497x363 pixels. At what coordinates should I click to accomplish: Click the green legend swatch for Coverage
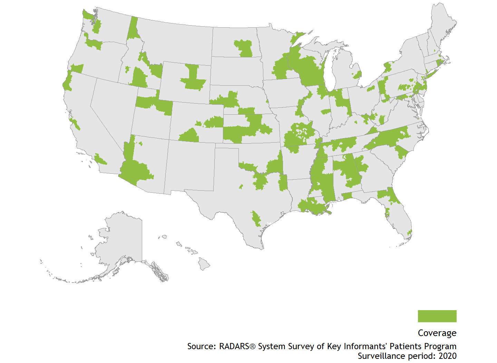coord(437,316)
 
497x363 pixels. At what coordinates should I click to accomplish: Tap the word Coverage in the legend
coord(437,333)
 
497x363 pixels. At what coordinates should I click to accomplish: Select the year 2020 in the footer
coord(447,356)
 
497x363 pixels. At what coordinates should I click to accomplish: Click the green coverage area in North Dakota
coord(244,48)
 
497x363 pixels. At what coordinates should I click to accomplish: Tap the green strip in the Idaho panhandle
coord(133,29)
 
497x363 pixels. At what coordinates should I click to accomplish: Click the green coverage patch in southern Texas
coord(256,219)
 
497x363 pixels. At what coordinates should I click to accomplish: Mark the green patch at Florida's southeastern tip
coord(410,232)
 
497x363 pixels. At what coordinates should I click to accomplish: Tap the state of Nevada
coord(110,111)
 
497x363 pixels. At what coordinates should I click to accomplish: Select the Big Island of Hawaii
coord(204,265)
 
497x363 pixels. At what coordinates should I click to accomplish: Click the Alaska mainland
coord(124,238)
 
